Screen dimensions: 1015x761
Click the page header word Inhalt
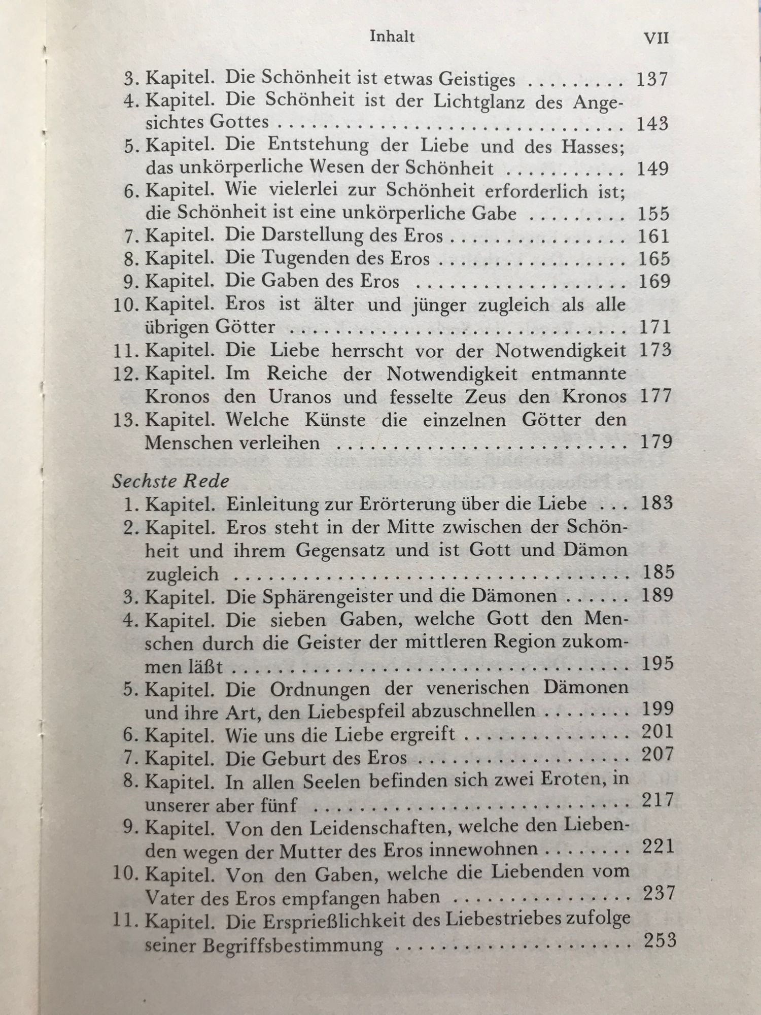click(x=393, y=37)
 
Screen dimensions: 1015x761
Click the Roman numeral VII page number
click(x=656, y=38)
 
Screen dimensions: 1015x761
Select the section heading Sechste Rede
click(x=171, y=481)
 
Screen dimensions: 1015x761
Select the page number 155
click(x=653, y=214)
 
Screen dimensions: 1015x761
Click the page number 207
click(x=657, y=755)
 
